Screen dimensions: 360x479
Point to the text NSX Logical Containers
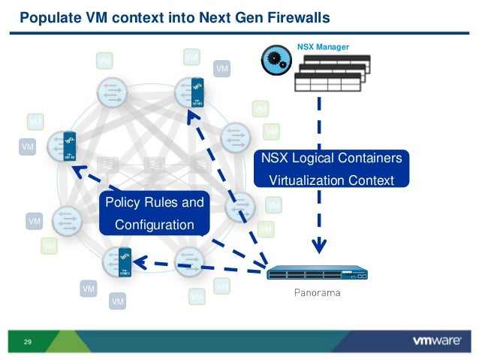331,159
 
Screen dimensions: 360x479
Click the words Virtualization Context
331,180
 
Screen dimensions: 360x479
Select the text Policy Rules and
154,203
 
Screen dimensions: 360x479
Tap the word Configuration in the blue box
154,225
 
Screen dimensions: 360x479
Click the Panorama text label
316,292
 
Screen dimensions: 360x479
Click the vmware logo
436,340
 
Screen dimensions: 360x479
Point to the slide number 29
28,343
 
